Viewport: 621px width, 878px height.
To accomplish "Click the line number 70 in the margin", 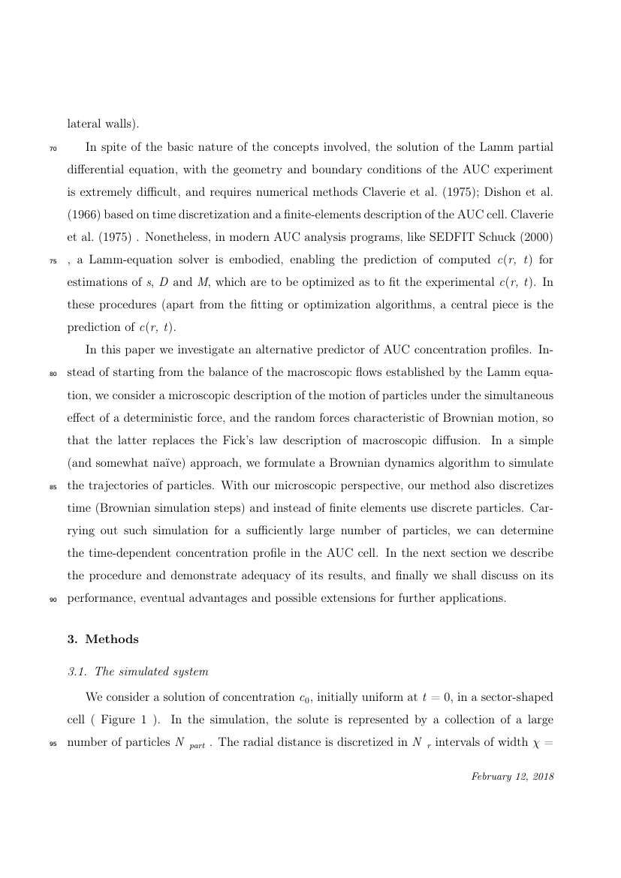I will (53, 149).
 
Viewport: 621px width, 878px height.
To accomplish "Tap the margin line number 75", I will (53, 266).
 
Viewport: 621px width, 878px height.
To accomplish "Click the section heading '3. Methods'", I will (103, 639).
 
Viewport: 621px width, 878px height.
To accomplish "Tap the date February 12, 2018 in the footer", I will (512, 777).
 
